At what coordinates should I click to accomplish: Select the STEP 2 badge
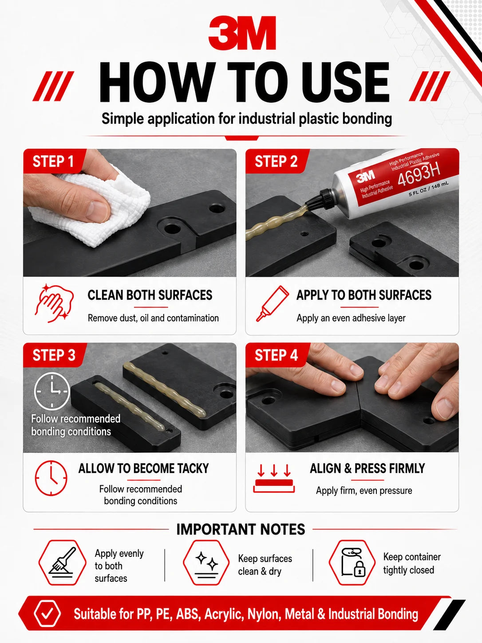[276, 161]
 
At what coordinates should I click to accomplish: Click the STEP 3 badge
[54, 355]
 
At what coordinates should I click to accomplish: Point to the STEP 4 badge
[276, 355]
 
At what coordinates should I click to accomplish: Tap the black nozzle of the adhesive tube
[320, 201]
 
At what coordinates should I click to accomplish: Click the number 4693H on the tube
[419, 176]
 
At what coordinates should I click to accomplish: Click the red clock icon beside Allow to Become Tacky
[51, 478]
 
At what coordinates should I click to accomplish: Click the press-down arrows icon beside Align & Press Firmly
[274, 478]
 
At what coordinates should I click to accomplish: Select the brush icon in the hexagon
[62, 563]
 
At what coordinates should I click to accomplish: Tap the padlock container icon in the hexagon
[352, 563]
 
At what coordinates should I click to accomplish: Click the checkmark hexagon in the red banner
[47, 614]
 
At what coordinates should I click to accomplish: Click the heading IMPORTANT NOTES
[241, 529]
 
